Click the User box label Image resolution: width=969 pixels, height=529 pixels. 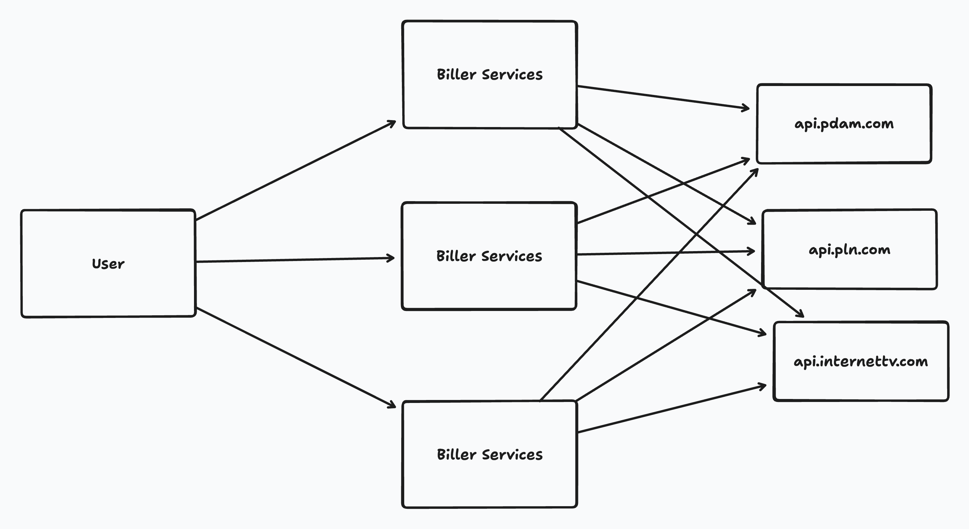[x=108, y=264]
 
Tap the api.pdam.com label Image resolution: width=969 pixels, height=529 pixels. [x=844, y=124]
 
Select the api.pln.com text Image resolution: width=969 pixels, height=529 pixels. [x=849, y=250]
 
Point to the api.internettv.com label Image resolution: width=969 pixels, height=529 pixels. [x=861, y=361]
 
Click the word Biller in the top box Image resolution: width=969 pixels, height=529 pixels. [x=456, y=74]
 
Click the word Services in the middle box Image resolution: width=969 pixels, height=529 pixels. [x=511, y=256]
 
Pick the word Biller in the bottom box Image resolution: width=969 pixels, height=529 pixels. [x=456, y=455]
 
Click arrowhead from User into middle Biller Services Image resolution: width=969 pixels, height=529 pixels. [x=392, y=258]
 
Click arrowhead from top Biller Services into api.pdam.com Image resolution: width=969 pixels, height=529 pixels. [x=746, y=108]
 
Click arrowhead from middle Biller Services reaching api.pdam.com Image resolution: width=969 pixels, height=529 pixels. [x=747, y=160]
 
